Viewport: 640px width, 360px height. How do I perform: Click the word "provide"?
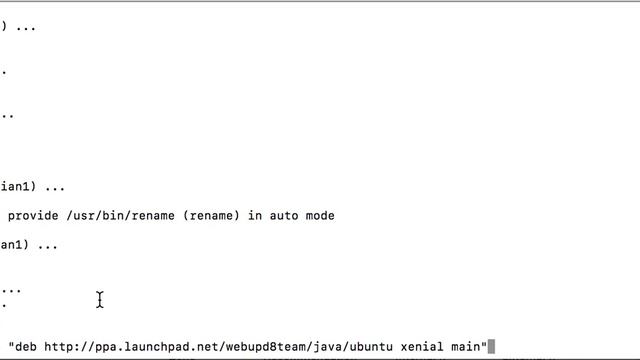33,216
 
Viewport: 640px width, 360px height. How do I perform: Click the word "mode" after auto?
320,216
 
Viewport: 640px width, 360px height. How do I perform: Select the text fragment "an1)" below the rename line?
13,245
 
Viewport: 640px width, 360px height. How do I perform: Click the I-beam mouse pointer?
100,300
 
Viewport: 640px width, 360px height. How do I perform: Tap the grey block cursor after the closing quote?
491,347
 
